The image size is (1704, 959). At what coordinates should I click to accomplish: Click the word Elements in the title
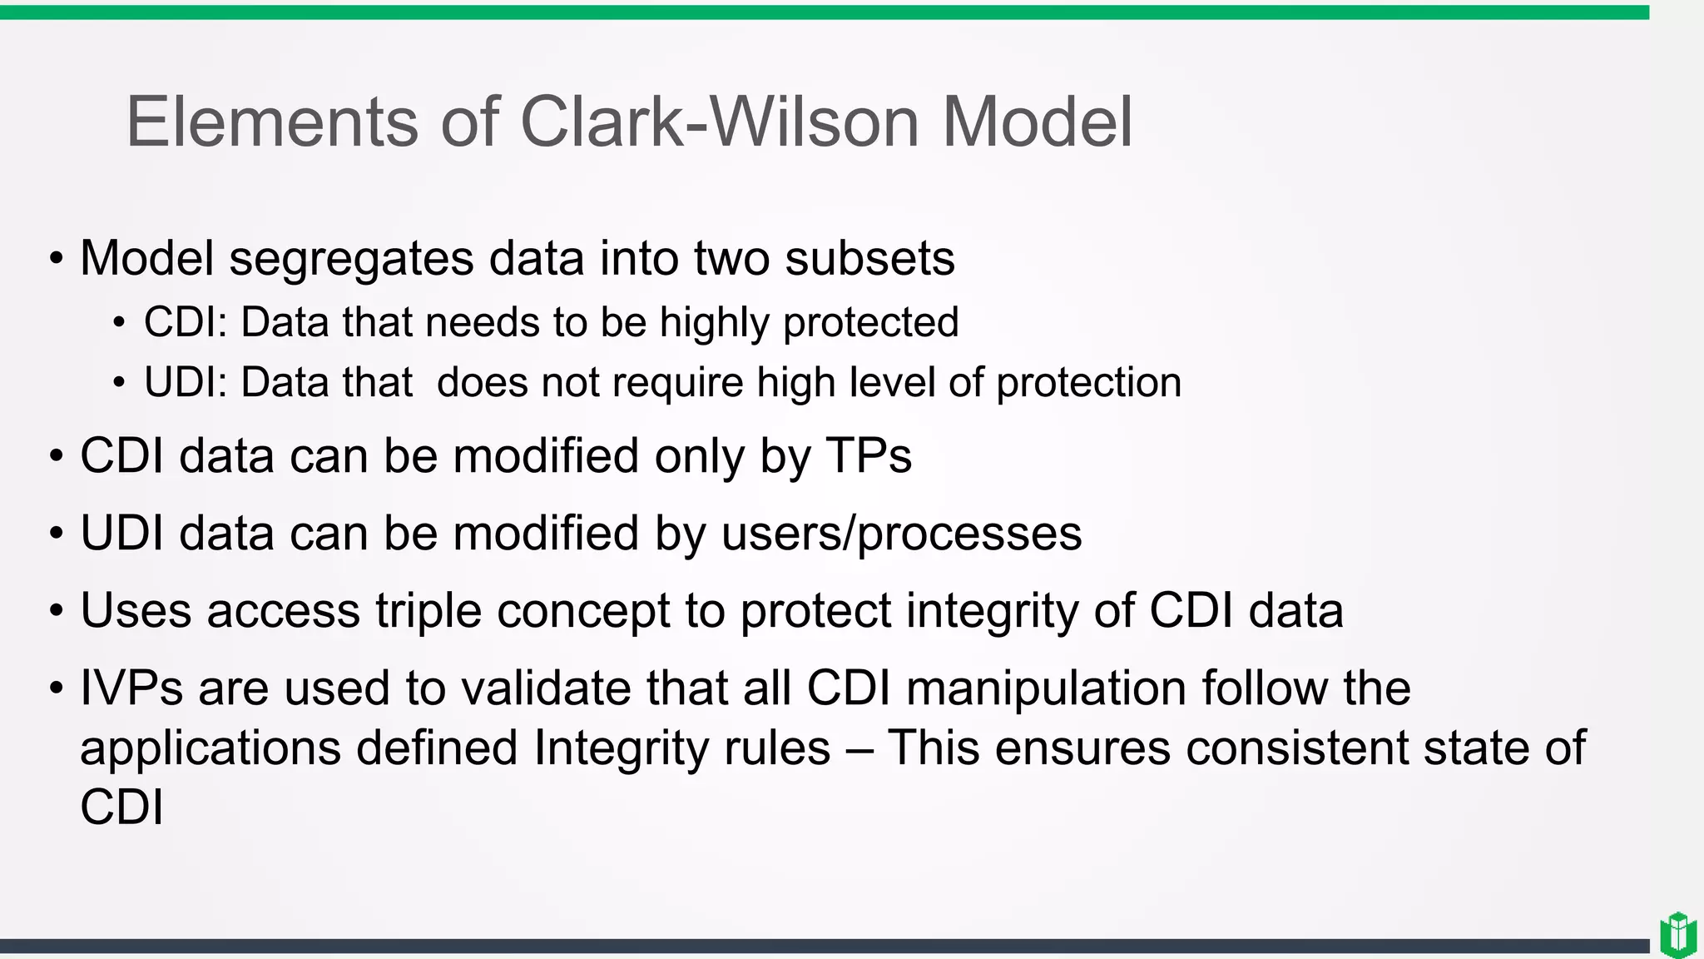click(271, 122)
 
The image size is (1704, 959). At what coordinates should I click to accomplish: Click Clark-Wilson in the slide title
click(719, 122)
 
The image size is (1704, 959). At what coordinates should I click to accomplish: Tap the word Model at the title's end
click(1037, 122)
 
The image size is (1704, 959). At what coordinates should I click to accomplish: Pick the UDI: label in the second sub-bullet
click(186, 383)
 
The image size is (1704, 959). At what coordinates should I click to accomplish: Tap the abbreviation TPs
click(869, 456)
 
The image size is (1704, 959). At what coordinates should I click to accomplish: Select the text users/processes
click(901, 534)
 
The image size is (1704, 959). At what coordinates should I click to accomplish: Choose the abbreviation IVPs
click(131, 688)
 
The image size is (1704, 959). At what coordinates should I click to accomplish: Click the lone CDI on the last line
click(121, 807)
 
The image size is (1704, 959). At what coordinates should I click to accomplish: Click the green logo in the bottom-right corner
click(1677, 935)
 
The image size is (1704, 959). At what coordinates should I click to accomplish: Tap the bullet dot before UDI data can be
click(56, 534)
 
